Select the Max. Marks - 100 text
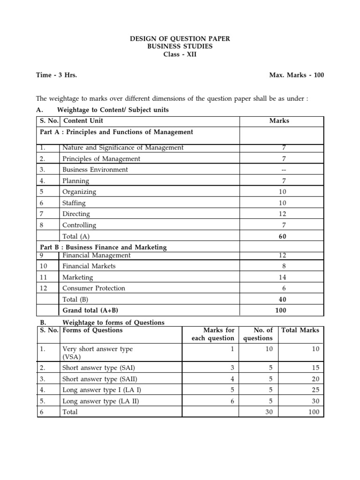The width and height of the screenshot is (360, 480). click(296, 75)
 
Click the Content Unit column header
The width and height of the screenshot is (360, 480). click(83, 121)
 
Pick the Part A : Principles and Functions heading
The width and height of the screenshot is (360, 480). click(116, 132)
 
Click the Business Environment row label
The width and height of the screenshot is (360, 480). click(95, 170)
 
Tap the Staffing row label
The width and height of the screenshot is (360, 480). click(74, 203)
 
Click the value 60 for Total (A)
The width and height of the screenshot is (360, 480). click(282, 237)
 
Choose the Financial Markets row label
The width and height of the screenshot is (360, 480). click(89, 266)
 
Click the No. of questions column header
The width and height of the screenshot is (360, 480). click(258, 334)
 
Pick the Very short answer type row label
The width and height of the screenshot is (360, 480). click(97, 349)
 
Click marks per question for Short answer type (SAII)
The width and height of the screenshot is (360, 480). click(232, 379)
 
